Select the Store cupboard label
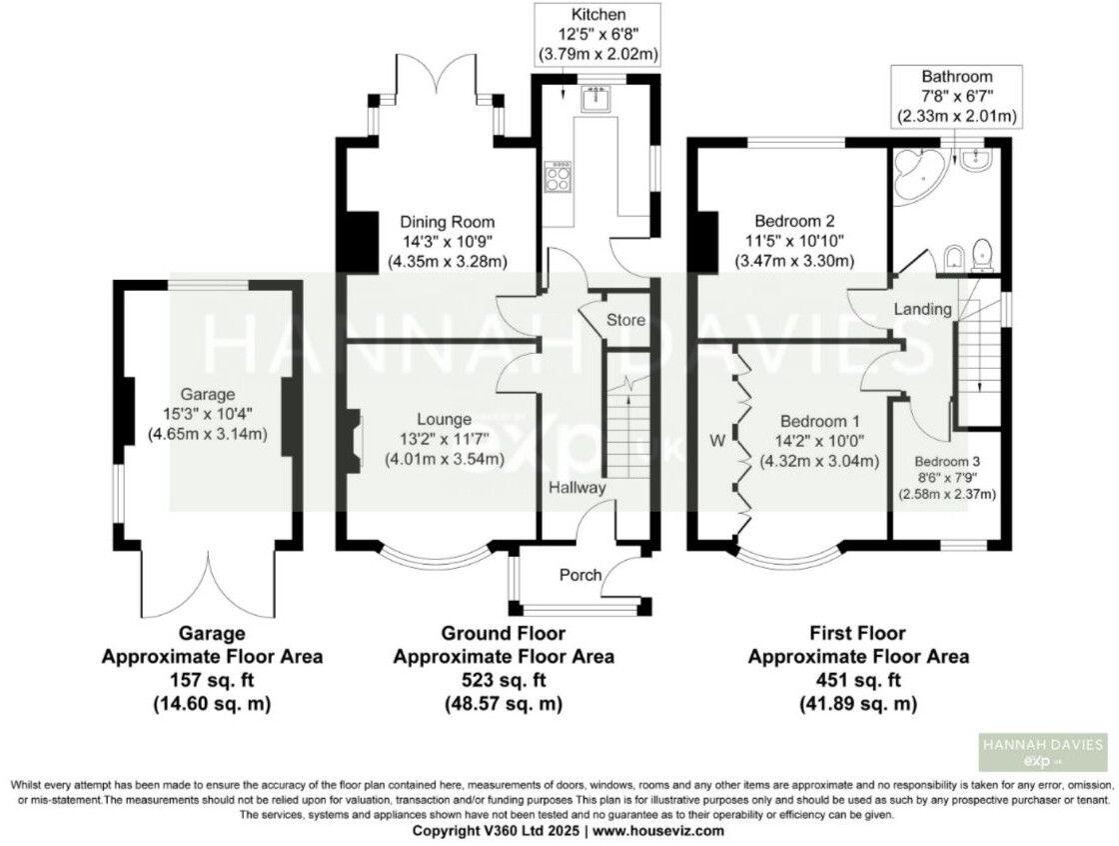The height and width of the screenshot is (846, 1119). [x=624, y=320]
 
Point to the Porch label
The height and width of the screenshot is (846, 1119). [x=579, y=575]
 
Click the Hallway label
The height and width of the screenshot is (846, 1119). [x=576, y=488]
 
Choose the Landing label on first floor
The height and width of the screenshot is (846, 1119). [x=922, y=309]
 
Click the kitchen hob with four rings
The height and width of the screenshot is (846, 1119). [x=558, y=179]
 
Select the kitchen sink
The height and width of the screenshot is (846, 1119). [x=596, y=98]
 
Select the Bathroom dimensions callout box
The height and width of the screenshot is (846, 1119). [x=957, y=96]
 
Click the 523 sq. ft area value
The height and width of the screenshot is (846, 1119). [x=504, y=681]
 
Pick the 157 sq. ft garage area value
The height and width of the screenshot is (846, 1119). [x=212, y=681]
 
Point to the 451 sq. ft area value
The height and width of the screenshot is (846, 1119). [x=858, y=681]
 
